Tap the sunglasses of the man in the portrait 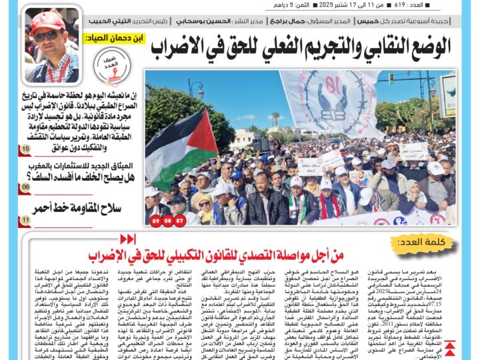click(48, 35)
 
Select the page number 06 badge click(25, 187)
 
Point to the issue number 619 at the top click(399, 5)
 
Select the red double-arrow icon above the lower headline click(127, 239)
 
